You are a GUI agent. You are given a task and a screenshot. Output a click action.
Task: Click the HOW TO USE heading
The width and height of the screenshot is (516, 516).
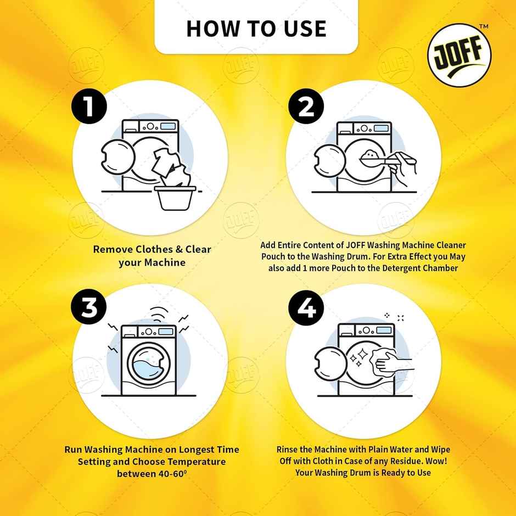(256, 28)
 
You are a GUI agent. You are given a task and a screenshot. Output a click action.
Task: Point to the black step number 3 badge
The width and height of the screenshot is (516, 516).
(88, 309)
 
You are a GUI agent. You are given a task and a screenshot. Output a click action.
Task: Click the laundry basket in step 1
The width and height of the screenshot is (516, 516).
(176, 198)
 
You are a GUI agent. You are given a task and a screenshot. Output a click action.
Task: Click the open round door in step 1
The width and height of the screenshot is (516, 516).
(117, 159)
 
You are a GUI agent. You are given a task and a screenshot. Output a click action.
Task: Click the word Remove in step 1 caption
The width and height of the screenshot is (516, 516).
(113, 249)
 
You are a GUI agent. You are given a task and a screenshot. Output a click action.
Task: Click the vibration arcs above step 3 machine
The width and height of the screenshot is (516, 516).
(159, 313)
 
